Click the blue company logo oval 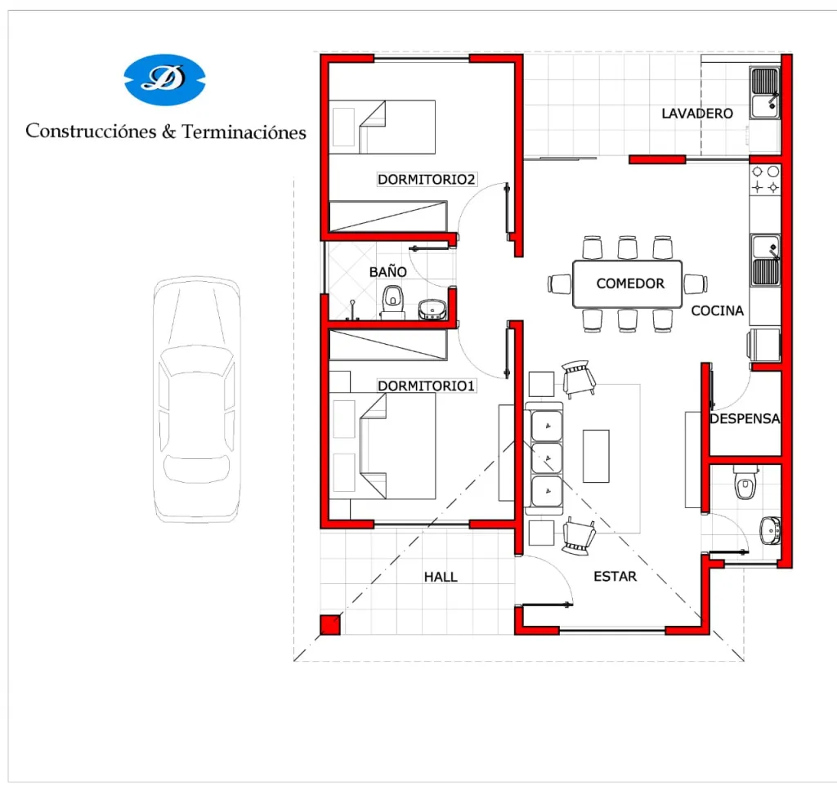[164, 79]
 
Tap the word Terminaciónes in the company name [244, 132]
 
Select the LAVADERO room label [697, 113]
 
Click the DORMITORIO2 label [426, 179]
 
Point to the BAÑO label [388, 271]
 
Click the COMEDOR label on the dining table [630, 283]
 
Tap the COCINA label [718, 310]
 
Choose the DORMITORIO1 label [426, 386]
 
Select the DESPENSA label [745, 418]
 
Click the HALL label [441, 577]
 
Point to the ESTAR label [615, 576]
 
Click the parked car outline [196, 399]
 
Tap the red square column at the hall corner [330, 625]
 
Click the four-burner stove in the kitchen [765, 179]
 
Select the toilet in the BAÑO [393, 302]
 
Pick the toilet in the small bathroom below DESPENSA [745, 482]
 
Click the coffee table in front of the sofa [596, 456]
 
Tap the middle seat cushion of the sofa [547, 457]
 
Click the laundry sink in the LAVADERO [764, 93]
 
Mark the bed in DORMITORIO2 [383, 127]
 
